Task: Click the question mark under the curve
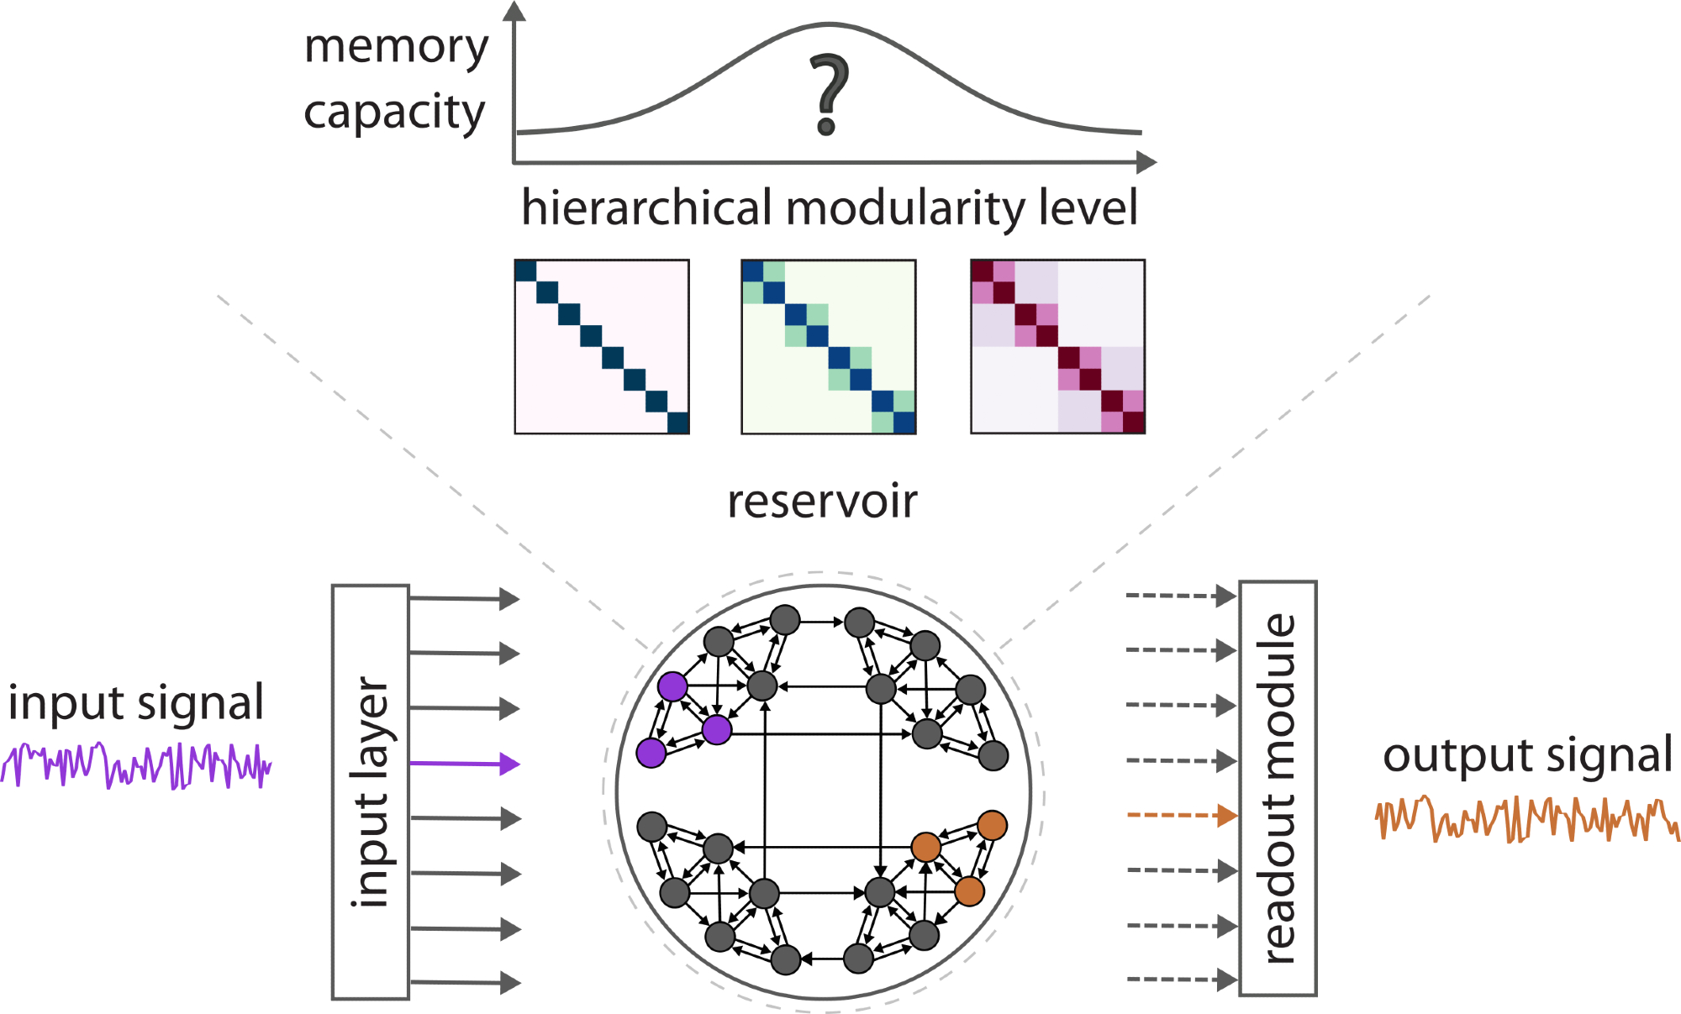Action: (829, 94)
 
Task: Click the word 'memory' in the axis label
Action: (396, 47)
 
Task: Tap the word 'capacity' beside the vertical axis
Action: (394, 113)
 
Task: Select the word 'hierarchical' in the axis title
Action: (646, 208)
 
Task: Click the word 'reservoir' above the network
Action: (822, 502)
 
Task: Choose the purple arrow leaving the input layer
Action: (465, 764)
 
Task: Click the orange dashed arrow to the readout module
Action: (1181, 815)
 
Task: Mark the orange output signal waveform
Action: (1526, 819)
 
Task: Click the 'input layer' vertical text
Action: (371, 791)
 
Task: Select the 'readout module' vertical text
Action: (1278, 788)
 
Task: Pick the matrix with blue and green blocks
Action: (828, 347)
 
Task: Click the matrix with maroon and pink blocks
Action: (1057, 347)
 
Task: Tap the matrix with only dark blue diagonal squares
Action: (602, 347)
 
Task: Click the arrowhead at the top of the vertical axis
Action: (514, 11)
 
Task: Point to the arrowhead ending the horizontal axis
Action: (1146, 162)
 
